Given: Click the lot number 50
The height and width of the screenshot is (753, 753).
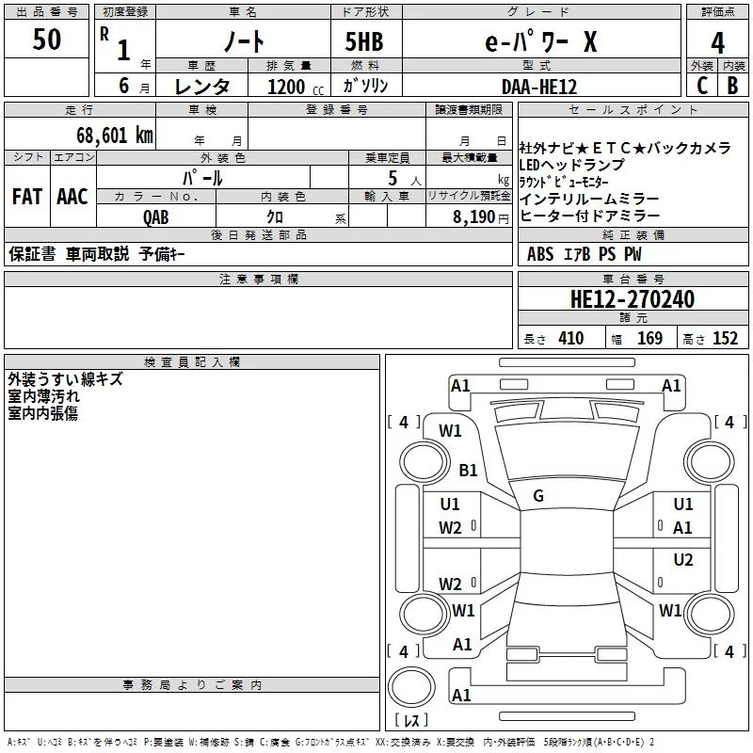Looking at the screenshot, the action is click(46, 39).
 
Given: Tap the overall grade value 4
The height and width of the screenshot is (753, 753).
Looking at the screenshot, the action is click(717, 42).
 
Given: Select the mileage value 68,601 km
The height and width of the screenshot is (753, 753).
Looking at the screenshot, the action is click(115, 136).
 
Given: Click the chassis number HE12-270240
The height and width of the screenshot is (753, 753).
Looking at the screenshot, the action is click(632, 298).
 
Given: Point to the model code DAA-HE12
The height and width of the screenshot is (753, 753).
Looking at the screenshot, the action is click(538, 87).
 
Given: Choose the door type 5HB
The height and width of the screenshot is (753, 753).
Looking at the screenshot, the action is click(364, 41).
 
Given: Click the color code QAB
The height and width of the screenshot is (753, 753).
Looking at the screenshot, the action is click(156, 217).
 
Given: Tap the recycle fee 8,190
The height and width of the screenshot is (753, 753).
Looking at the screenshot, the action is click(473, 216).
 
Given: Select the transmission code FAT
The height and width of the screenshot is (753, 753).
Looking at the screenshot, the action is click(27, 197).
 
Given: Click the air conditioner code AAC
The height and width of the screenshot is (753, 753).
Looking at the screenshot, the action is click(72, 197).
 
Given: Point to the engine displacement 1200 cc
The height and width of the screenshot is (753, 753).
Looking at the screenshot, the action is click(296, 87).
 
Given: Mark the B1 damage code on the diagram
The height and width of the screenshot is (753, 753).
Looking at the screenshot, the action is click(468, 470).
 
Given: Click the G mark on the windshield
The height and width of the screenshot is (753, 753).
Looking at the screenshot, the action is click(538, 496).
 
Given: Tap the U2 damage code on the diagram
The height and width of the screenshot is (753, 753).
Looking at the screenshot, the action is click(683, 560).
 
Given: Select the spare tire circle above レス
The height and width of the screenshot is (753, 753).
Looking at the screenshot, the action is click(411, 686).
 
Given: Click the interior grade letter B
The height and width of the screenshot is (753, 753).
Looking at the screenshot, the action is click(732, 86).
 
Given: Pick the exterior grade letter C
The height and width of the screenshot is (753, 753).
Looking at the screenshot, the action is click(702, 86).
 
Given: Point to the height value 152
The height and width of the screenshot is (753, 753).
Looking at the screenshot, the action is click(725, 338).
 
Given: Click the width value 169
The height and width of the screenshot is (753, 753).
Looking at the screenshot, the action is click(649, 338).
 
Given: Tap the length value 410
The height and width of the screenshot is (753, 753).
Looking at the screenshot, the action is click(571, 338).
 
